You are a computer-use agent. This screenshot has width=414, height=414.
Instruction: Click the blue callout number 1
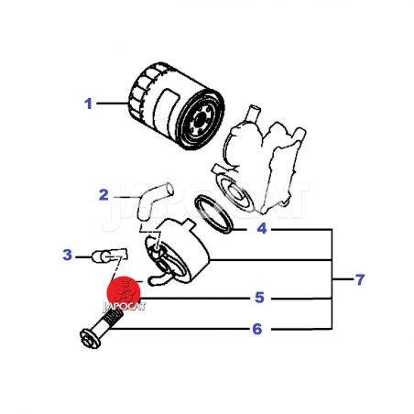pos(88,103)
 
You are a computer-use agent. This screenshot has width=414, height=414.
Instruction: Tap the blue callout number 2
pos(103,195)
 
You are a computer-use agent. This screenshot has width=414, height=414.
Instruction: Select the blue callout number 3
pos(67,255)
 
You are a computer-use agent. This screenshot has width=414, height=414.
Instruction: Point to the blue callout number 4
pos(262,228)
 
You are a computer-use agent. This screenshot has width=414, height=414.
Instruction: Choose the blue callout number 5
pos(259,298)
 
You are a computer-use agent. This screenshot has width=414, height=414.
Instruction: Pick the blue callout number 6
pos(257,329)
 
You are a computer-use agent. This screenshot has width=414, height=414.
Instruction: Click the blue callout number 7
pos(360,279)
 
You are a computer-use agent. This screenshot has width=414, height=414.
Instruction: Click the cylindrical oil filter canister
pos(177,105)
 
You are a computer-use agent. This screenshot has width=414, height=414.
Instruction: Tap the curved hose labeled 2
pos(153,200)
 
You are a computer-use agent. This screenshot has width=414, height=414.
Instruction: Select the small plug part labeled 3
pos(109,256)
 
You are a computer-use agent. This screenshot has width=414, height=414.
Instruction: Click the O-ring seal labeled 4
pos(214,214)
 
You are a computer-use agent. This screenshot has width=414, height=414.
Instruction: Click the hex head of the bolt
pos(90,338)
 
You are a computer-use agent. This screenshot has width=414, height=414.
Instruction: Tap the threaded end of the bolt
pos(114,318)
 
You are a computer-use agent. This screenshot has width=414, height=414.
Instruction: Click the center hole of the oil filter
pos(201,118)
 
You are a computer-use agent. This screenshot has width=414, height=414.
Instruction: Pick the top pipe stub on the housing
pos(253,113)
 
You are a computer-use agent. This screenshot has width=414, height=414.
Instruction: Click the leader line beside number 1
pos(113,103)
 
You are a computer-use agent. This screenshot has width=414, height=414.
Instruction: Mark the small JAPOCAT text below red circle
pos(124,307)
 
